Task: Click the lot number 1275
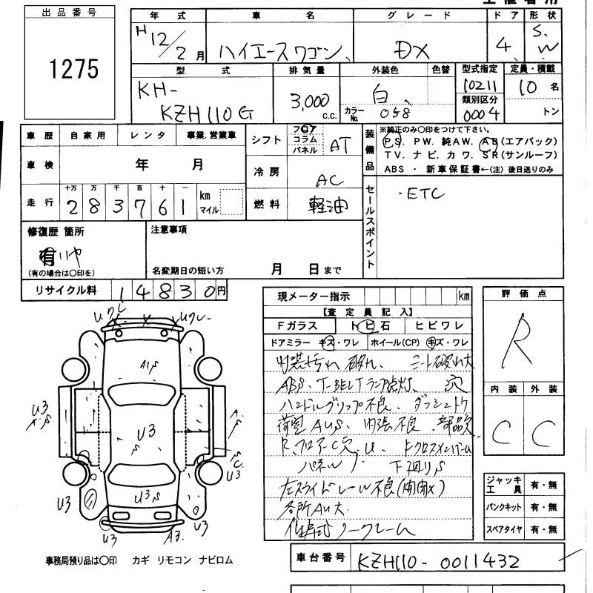(74, 69)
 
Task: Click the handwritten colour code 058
(394, 113)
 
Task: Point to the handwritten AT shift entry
(339, 146)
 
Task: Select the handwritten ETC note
(425, 194)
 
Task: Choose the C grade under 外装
(546, 431)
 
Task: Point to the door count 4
(506, 45)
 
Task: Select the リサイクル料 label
(66, 291)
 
